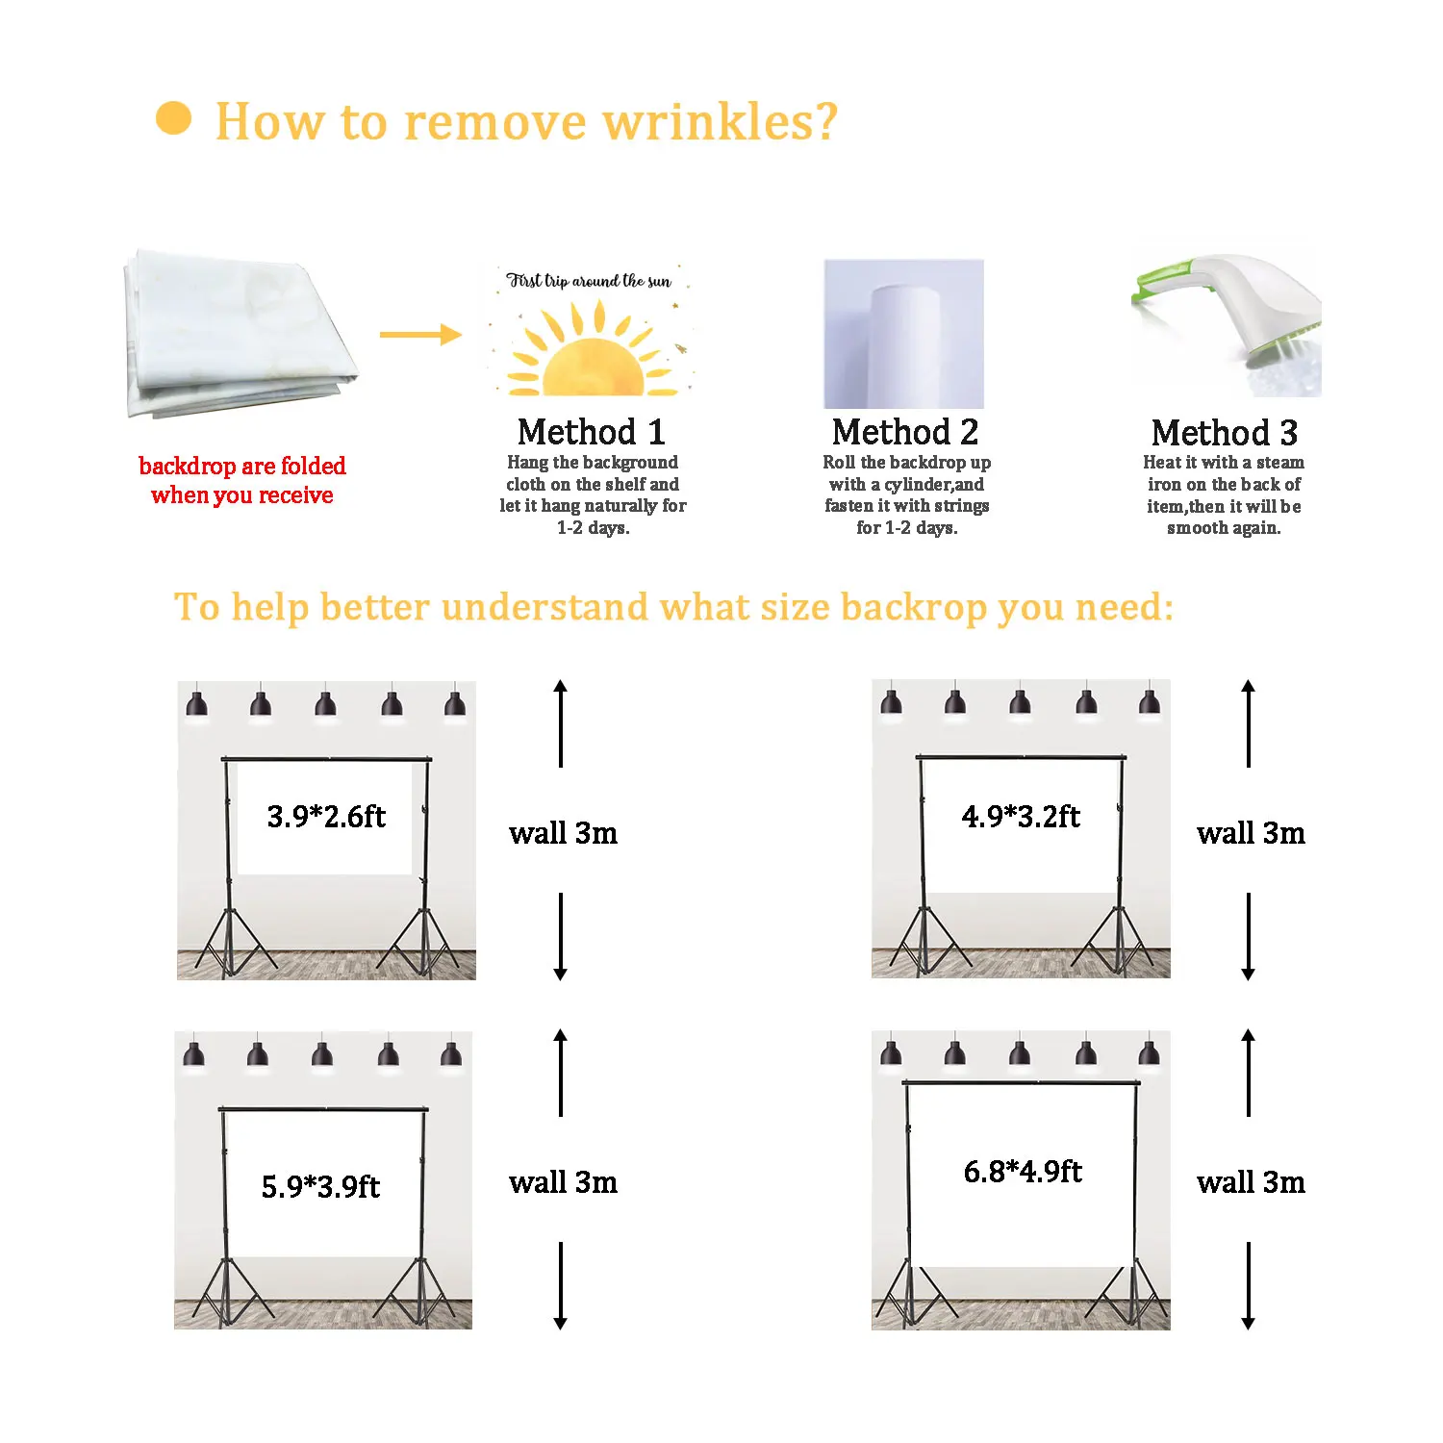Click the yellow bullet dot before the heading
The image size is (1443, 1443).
(173, 119)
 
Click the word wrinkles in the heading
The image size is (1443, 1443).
(720, 122)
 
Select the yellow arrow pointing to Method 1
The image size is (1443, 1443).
(420, 335)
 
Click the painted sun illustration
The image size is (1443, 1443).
(589, 354)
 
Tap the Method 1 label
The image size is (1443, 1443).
(591, 432)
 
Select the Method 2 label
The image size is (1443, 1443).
(905, 432)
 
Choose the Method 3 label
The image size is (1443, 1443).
(1225, 433)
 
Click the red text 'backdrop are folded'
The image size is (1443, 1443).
(242, 467)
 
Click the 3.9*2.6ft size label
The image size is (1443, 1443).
(326, 817)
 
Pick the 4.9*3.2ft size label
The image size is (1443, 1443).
(1021, 817)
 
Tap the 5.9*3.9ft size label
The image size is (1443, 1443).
(321, 1186)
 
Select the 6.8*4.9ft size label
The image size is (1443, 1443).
(1023, 1172)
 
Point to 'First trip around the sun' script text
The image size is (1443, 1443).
(589, 281)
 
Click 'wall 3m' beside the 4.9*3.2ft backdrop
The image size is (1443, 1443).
(1251, 833)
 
